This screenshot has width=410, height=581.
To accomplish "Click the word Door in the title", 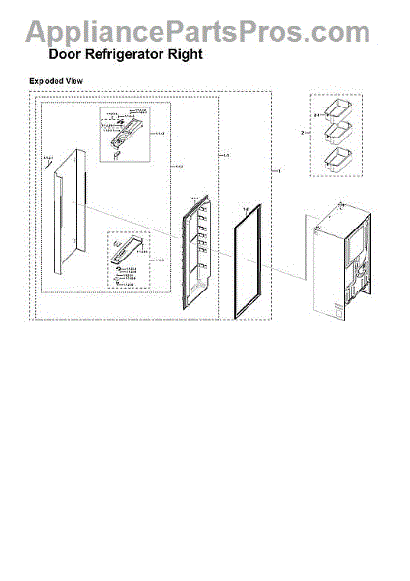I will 67,55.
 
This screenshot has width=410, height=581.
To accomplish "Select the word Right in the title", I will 186,55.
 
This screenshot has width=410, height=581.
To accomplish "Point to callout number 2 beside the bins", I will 303,131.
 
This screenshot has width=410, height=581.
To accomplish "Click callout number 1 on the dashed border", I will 279,171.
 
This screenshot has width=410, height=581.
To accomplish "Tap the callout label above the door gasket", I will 247,207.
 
